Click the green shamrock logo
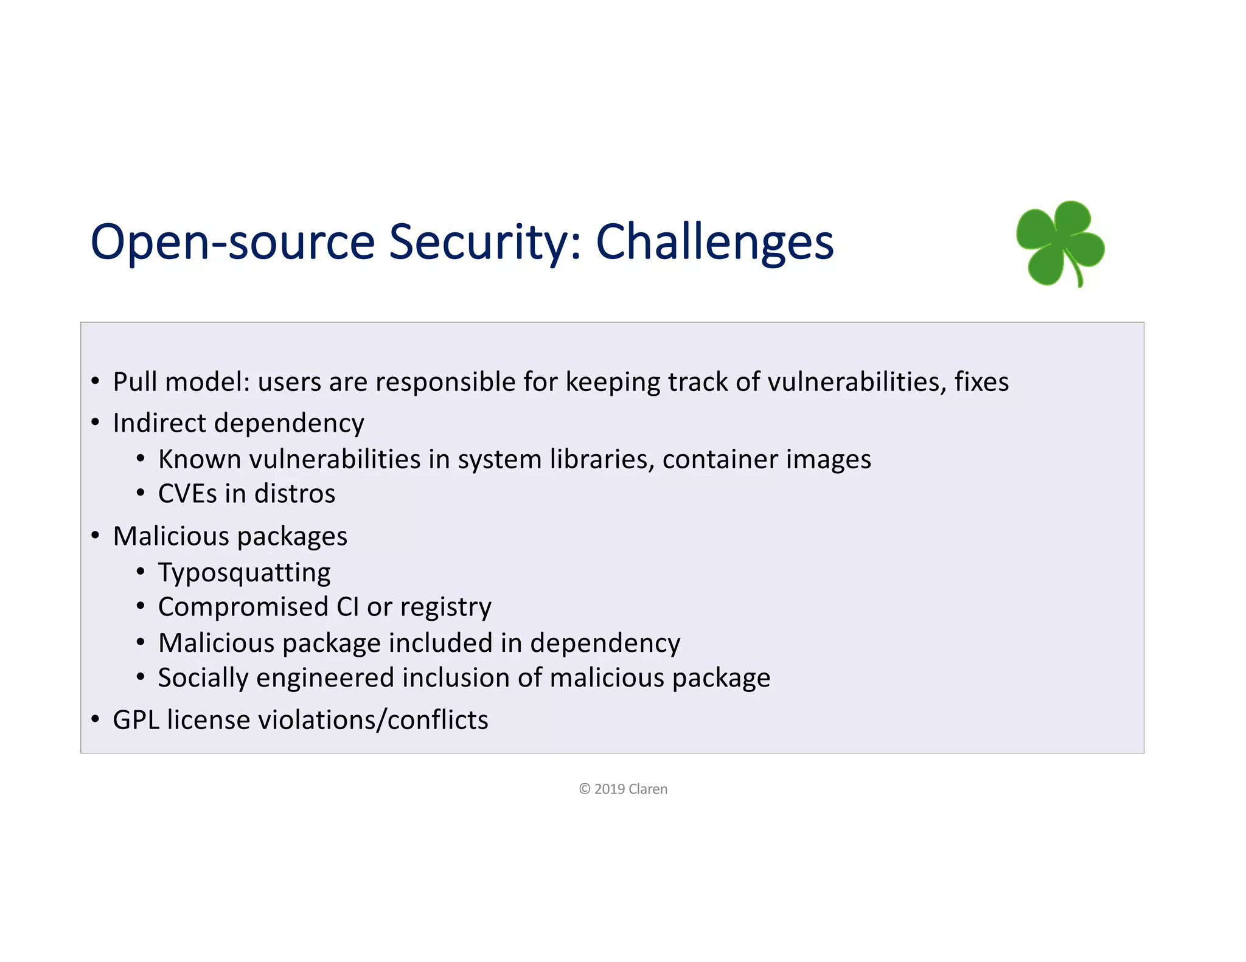point(1059,242)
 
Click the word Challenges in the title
point(714,242)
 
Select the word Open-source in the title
point(232,242)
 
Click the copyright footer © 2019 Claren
point(623,789)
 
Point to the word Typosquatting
point(244,573)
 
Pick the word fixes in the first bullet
point(981,382)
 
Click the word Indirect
point(159,423)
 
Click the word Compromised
point(243,607)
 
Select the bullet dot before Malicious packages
point(96,536)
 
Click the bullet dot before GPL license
point(96,719)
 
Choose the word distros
point(294,493)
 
